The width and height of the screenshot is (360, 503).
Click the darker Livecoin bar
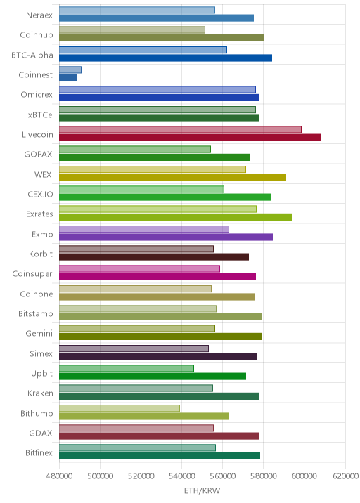point(190,137)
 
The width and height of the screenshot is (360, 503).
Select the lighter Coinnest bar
point(70,70)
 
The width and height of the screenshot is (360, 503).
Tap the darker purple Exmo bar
point(166,237)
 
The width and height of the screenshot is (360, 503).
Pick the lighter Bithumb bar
point(120,408)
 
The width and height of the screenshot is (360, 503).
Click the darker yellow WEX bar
point(173,178)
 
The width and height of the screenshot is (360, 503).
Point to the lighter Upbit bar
point(127,368)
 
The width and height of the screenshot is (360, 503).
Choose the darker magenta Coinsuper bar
point(157,277)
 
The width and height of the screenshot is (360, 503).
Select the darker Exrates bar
point(176,217)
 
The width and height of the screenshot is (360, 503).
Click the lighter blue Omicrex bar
point(157,89)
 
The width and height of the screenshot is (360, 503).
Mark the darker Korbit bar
point(154,257)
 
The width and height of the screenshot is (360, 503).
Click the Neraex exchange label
point(39,15)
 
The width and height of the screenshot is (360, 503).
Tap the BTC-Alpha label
point(32,55)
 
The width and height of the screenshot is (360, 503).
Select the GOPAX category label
point(38,155)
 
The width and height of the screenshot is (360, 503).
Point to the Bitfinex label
point(39,452)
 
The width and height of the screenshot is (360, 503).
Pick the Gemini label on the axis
point(39,333)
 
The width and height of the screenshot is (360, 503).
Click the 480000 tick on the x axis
point(59,476)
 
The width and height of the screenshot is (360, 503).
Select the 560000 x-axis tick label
point(222,476)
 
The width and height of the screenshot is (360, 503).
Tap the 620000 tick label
point(345,476)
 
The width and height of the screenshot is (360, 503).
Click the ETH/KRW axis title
point(202,490)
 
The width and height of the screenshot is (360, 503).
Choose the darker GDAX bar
point(160,436)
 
